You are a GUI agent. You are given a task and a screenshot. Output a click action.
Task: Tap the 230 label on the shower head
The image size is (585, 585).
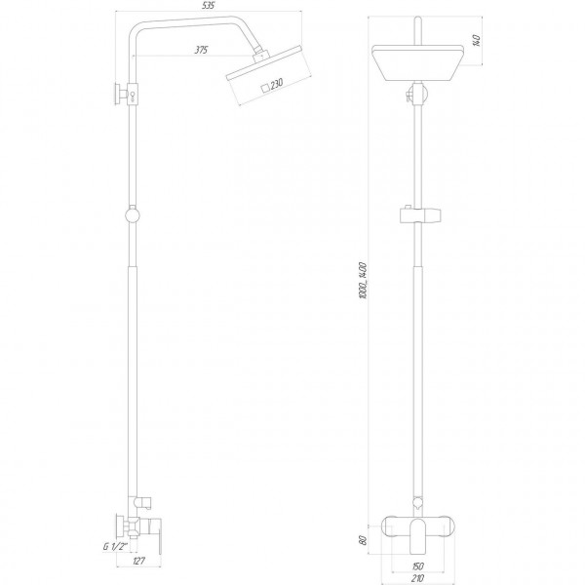point(277,84)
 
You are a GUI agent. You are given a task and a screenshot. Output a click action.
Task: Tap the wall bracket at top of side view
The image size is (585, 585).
point(124,95)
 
